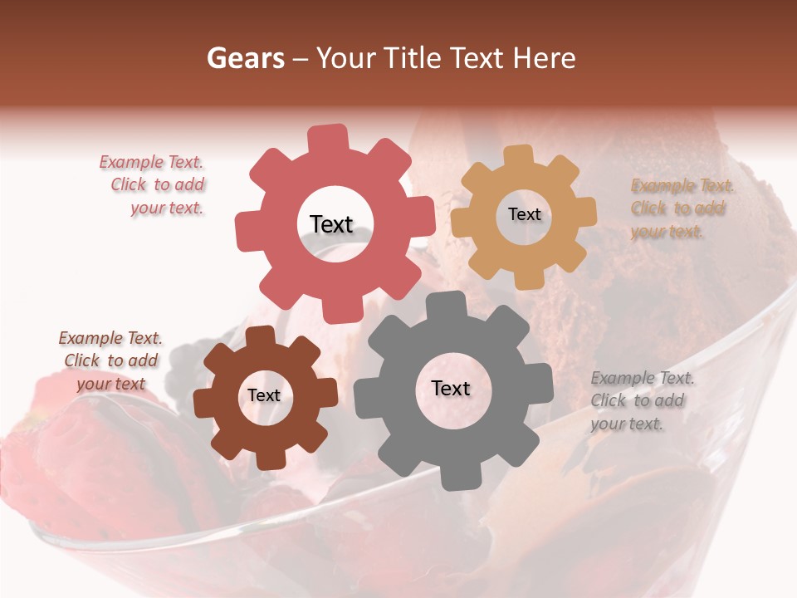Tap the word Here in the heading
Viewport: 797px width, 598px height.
(x=545, y=58)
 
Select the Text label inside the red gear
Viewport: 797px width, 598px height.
(x=331, y=224)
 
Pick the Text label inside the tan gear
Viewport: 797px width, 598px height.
(x=524, y=214)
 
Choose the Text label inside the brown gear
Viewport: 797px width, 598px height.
(x=264, y=395)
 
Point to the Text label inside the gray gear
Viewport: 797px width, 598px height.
(x=451, y=388)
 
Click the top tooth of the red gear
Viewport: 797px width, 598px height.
(x=329, y=138)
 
